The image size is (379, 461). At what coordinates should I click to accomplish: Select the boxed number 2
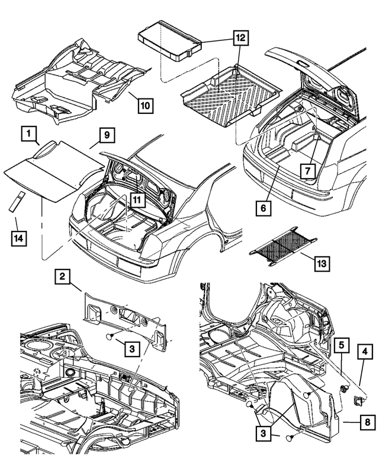[x=65, y=276]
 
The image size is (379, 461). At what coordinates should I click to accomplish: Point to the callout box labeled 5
[x=342, y=344]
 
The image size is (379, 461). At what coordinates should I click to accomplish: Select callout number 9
[x=104, y=136]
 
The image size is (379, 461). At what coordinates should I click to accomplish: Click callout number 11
[x=137, y=200]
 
